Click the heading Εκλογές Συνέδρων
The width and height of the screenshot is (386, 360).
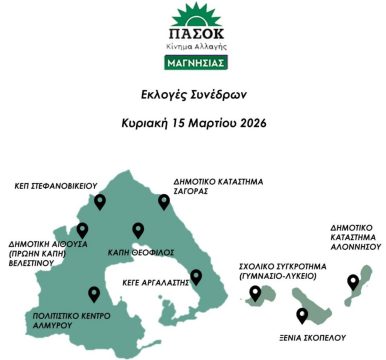(193, 98)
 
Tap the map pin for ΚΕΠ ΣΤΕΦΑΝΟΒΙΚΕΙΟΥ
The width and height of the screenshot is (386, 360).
(99, 202)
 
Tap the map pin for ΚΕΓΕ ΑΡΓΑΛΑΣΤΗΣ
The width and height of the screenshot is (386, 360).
(196, 276)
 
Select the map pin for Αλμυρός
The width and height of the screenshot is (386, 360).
(94, 294)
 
